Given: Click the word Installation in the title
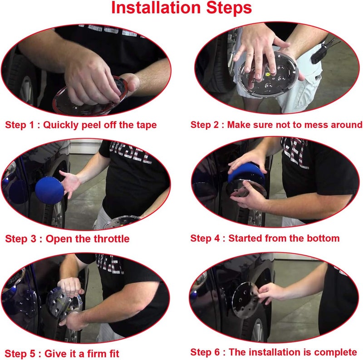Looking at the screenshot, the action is (156, 8).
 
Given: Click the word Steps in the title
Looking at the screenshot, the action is (229, 8).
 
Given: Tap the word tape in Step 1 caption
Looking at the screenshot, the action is (147, 125).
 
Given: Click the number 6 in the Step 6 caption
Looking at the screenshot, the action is (216, 352).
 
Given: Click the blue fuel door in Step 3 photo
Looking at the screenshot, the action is (49, 190).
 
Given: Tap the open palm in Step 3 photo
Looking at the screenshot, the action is (71, 183).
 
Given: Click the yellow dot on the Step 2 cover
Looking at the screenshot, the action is (268, 74).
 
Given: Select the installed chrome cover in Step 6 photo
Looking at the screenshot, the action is (245, 301).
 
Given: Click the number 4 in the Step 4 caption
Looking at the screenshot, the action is (216, 238).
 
